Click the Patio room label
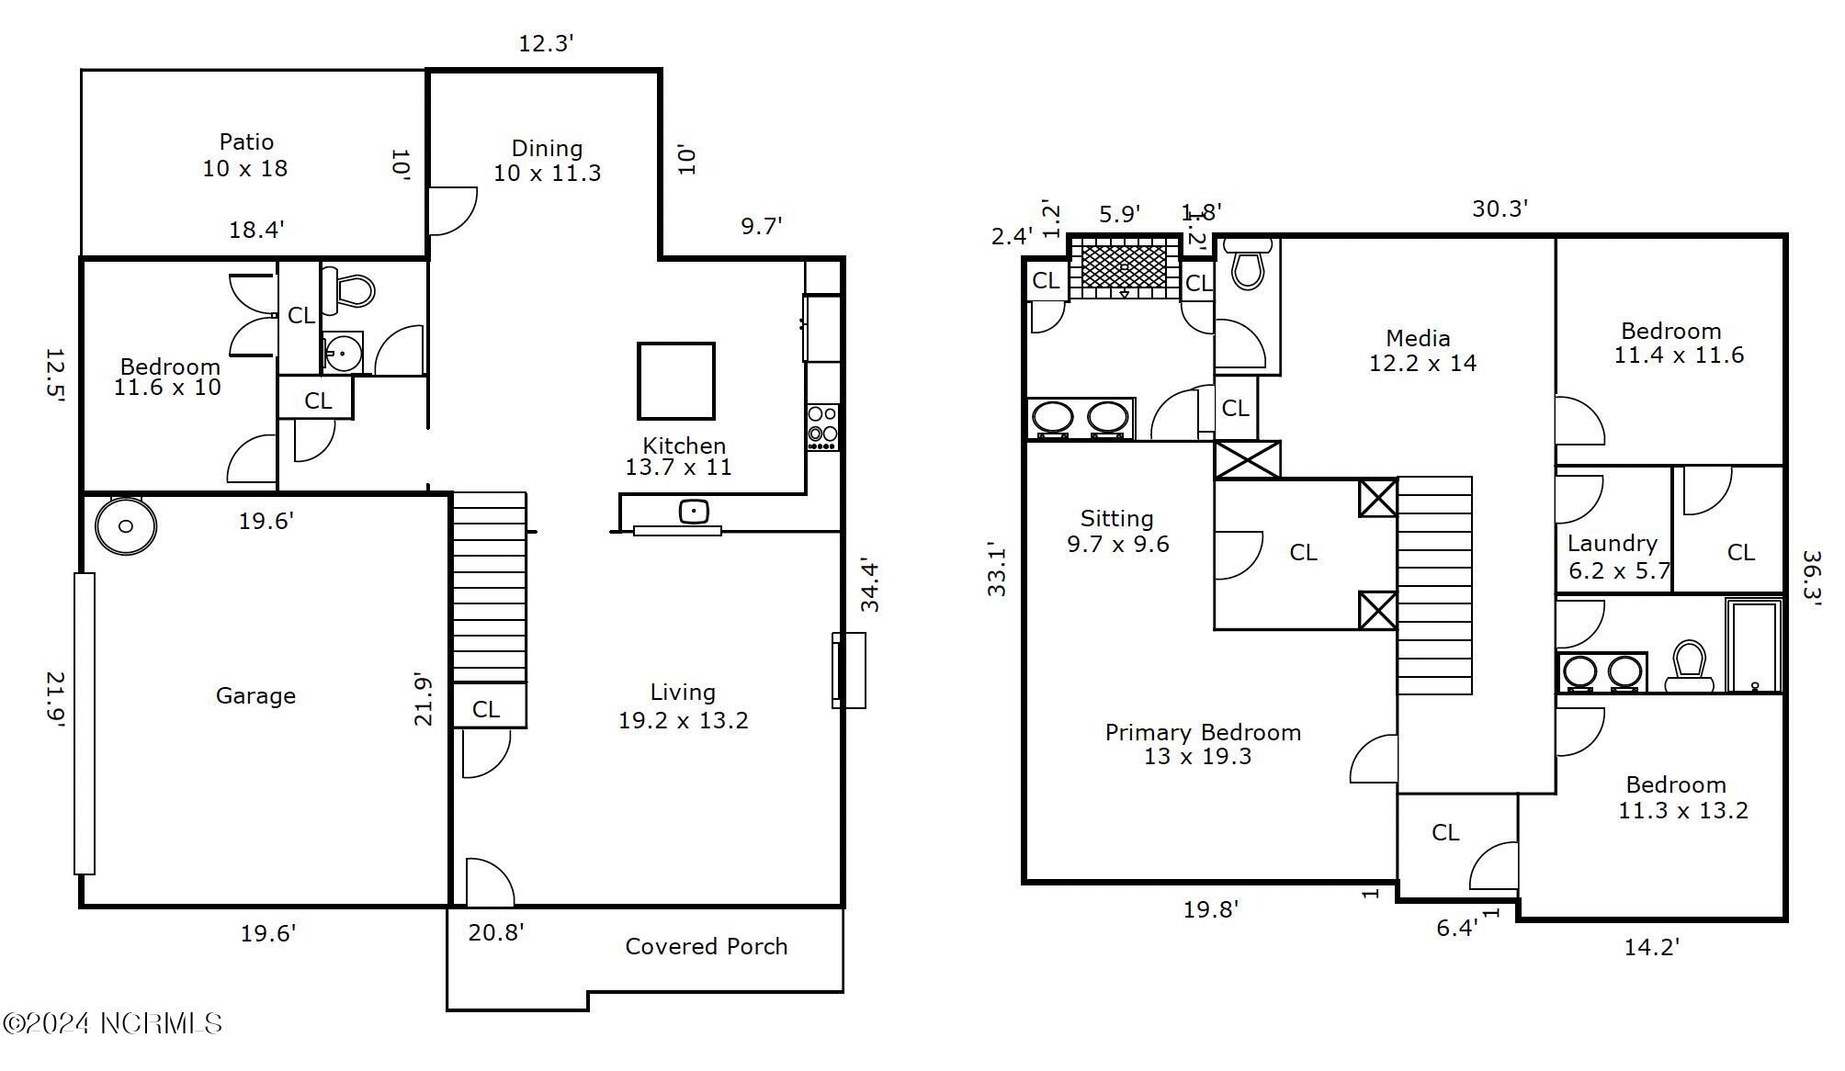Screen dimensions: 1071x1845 245,143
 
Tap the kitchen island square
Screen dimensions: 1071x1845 675,380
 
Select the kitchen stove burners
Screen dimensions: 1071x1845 822,427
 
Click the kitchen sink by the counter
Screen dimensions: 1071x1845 694,512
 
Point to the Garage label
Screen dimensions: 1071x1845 255,696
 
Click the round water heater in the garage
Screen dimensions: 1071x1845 126,525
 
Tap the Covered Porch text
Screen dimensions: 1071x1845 706,947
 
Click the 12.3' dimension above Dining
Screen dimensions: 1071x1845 546,43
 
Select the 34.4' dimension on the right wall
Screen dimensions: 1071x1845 869,585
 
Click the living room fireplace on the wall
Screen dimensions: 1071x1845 847,670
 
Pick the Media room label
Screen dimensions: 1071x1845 1418,339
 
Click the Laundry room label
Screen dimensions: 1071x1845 1612,544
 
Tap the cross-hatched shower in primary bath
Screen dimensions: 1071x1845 1124,267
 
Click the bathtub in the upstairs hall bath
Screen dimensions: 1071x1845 1753,645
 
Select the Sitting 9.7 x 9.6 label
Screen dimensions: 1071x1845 1117,531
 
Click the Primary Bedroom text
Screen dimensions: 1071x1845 1202,733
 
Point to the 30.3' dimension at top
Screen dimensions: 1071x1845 1499,209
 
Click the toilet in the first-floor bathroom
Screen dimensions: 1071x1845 354,289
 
